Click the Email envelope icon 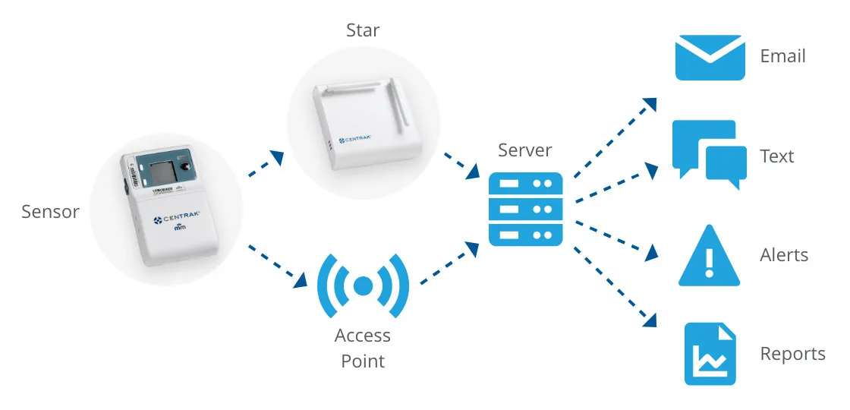tap(710, 57)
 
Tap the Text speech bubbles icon tap(709, 155)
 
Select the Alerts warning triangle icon tap(709, 256)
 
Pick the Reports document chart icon tap(710, 354)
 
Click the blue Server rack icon tap(525, 208)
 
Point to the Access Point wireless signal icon tap(363, 285)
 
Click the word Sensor tap(50, 212)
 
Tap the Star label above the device tap(363, 31)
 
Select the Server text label tap(525, 150)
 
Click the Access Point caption tap(363, 348)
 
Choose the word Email tap(782, 56)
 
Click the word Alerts tap(784, 255)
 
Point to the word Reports tap(792, 354)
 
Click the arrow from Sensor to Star tap(266, 163)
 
